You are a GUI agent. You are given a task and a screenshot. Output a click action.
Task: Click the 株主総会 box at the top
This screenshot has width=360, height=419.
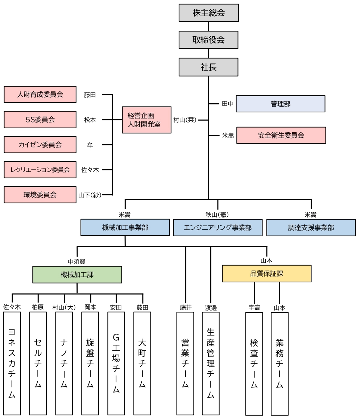[x=208, y=13]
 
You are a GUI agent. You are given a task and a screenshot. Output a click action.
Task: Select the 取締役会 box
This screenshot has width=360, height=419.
[x=208, y=40]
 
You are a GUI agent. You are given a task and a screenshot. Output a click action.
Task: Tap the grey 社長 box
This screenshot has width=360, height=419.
[x=208, y=67]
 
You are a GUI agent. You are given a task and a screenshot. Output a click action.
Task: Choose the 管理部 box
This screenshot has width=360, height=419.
[x=280, y=104]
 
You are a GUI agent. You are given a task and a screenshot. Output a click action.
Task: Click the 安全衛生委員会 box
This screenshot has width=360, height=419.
[x=281, y=135]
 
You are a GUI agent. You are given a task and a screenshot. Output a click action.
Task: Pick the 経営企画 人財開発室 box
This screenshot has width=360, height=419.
[x=146, y=120]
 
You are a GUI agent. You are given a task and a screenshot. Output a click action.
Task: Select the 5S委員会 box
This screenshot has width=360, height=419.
[x=40, y=120]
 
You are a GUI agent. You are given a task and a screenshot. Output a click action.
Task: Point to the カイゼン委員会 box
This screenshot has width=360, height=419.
[x=40, y=145]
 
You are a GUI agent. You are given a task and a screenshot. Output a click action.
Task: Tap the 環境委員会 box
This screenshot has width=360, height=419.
[x=40, y=195]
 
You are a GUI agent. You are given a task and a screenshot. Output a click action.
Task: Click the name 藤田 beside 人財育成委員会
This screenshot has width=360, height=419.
[x=90, y=95]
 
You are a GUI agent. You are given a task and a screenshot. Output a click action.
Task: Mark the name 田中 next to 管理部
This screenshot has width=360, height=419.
[x=228, y=104]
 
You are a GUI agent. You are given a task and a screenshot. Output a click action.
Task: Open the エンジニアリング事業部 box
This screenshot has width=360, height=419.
[x=218, y=228]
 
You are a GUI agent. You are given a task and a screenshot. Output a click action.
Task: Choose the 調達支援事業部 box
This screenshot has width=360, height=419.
[x=311, y=228]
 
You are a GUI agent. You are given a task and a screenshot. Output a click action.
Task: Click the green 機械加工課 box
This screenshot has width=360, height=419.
[x=77, y=274]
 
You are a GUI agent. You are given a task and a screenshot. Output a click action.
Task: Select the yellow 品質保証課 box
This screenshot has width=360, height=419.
[x=266, y=274]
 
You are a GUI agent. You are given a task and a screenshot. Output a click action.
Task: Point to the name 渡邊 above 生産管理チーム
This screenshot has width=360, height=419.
[x=211, y=307]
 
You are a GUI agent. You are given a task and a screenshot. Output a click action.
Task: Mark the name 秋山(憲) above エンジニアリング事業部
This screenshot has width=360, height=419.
[x=217, y=215]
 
